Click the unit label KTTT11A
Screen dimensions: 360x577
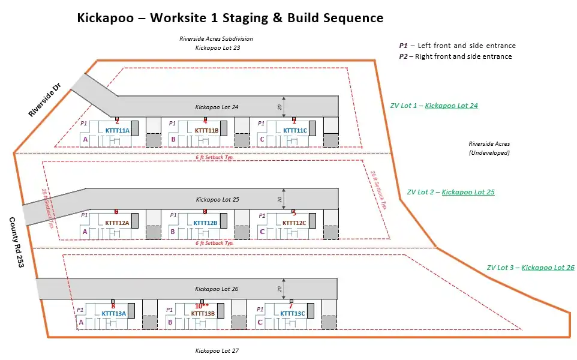pos(118,130)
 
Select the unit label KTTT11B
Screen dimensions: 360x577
pos(206,130)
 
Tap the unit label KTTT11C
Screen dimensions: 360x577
pos(294,130)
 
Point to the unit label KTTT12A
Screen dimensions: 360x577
pos(118,223)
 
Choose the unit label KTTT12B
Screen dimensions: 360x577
pos(206,223)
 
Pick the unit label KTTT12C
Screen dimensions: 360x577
pos(294,223)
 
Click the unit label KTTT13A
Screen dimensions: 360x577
pos(114,313)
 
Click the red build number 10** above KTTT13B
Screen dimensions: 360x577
pos(202,306)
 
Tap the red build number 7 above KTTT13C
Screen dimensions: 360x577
pos(291,306)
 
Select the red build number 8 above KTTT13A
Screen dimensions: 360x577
pos(113,306)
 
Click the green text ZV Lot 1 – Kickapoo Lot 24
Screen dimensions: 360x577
pos(434,106)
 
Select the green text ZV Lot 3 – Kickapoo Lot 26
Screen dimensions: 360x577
pos(530,268)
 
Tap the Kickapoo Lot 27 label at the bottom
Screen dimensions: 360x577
pos(217,350)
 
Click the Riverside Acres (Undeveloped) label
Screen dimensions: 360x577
pos(489,148)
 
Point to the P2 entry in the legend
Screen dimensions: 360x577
pos(455,56)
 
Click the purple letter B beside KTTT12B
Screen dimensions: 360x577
pos(173,232)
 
